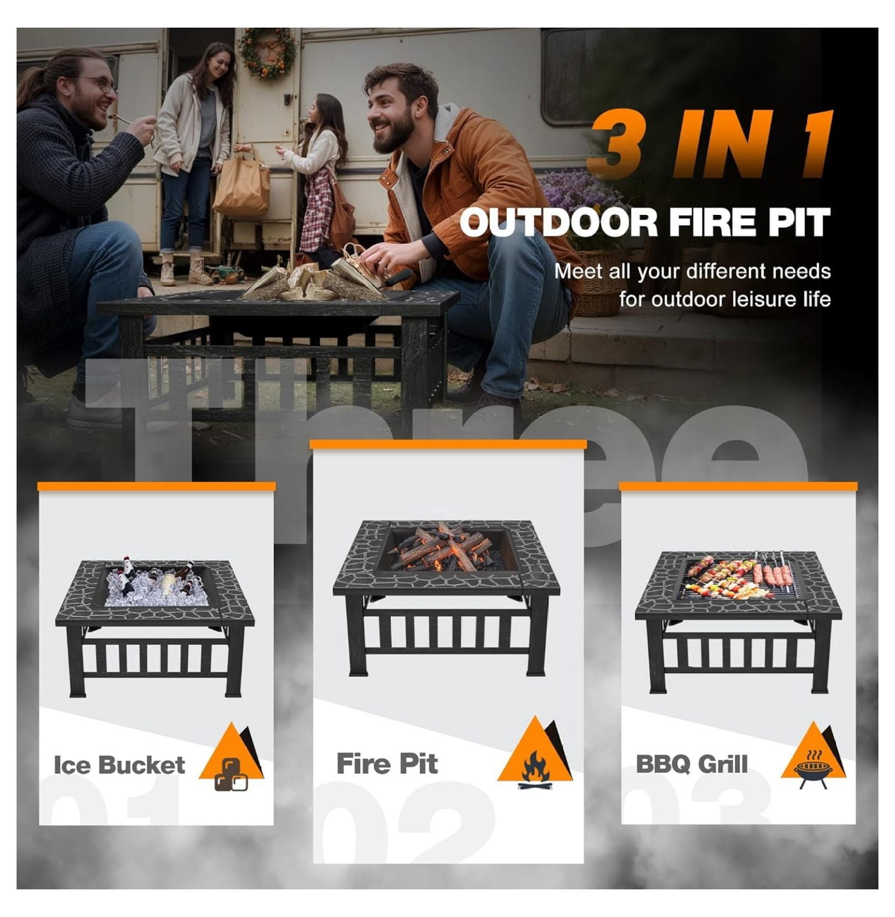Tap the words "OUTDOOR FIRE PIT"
click(645, 222)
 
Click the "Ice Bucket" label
click(119, 765)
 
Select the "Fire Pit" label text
click(387, 764)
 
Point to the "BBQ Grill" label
click(692, 765)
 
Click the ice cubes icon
click(231, 774)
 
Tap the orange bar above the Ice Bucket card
click(156, 487)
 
